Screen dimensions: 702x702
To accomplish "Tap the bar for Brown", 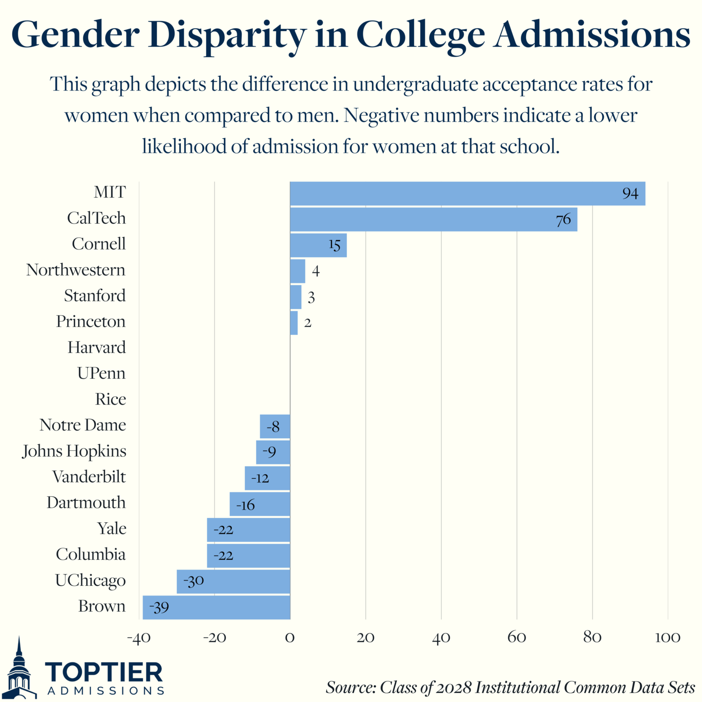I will tap(217, 607).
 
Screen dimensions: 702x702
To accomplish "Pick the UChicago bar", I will tap(233, 581).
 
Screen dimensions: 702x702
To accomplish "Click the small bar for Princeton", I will tap(294, 323).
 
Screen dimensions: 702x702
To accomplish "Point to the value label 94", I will tap(630, 194).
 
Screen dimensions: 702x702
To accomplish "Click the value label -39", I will tap(159, 607).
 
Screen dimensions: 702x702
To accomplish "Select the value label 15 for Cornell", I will tap(335, 245).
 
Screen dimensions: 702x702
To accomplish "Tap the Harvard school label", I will tap(96, 348).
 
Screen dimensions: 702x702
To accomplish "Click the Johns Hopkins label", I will tap(74, 451).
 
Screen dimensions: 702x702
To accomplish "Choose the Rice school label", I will tap(110, 399).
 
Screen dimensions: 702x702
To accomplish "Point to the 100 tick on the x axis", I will tap(667, 638).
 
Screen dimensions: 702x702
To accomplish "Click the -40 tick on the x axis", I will tap(139, 638).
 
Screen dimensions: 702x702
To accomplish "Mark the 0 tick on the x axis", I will tap(290, 638).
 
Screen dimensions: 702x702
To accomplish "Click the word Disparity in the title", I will tap(227, 36).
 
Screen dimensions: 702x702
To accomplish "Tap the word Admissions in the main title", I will tap(592, 35).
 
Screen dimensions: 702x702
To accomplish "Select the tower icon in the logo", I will tap(20, 670).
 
